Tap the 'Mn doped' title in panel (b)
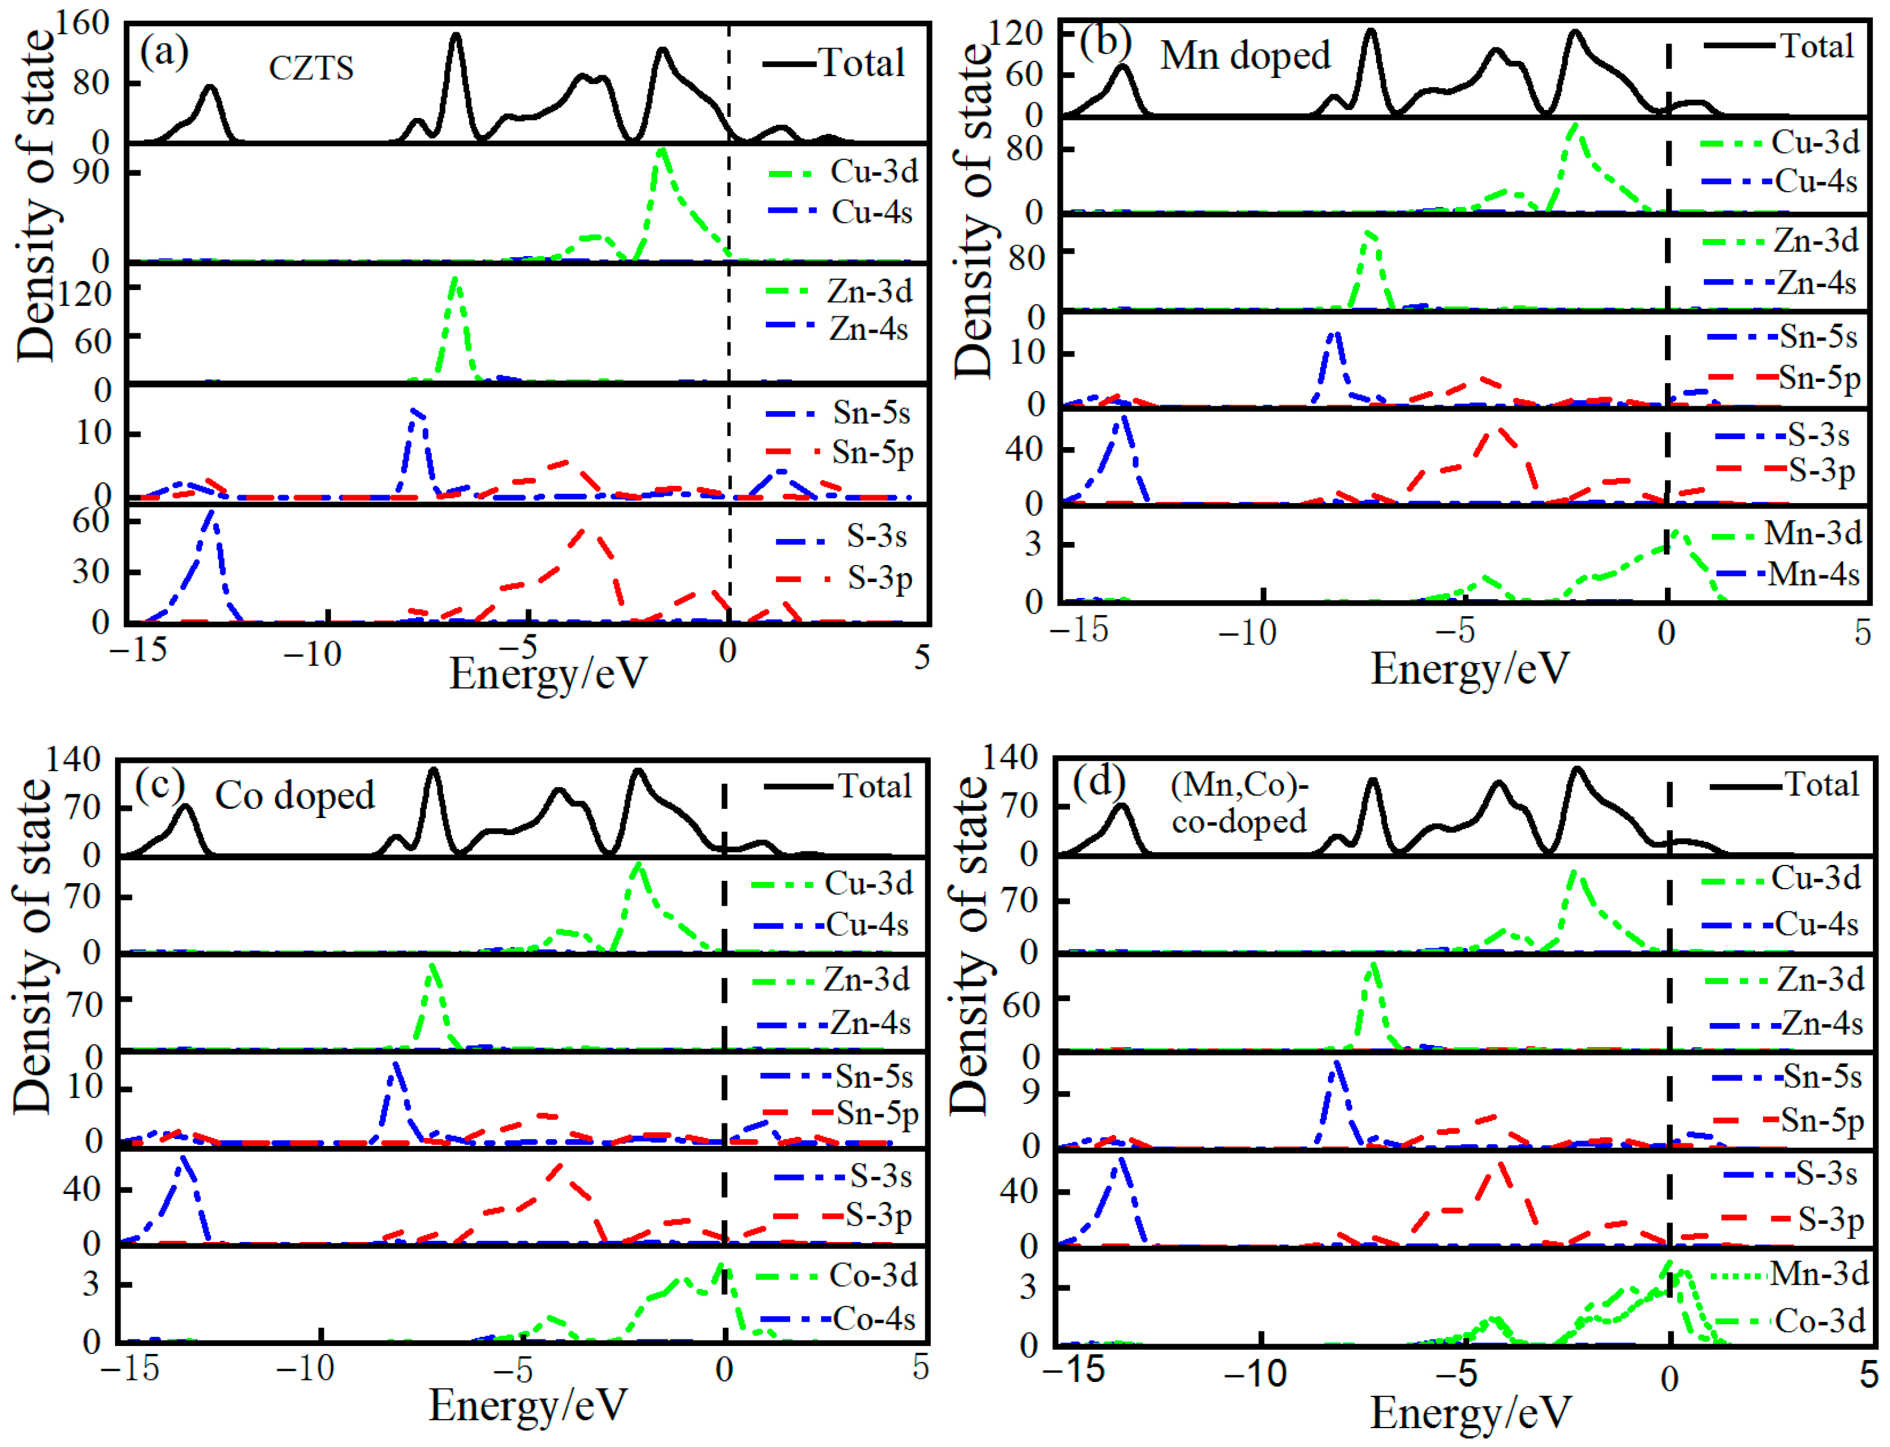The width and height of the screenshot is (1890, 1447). tap(1245, 56)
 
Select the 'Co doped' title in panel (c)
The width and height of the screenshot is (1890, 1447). tap(294, 795)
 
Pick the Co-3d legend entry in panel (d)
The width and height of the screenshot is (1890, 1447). tap(1818, 1320)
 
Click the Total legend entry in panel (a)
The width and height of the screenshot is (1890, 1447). tap(860, 63)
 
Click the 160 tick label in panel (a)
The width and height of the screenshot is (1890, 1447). tap(83, 23)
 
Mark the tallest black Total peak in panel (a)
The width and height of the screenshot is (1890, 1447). tap(456, 36)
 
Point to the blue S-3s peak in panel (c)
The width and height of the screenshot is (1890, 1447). tap(182, 1159)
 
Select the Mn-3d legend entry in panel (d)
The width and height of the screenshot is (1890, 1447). tap(1818, 1273)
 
